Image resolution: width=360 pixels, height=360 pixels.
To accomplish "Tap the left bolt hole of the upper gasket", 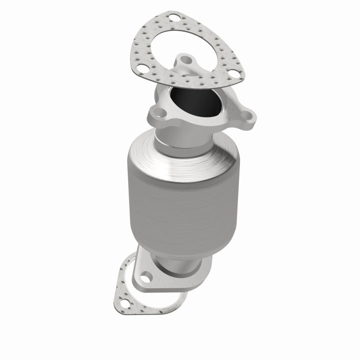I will point(143,70).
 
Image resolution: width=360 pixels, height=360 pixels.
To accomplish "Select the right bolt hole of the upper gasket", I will point(233,76).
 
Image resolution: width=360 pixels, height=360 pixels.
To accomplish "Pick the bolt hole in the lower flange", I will point(146,276).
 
